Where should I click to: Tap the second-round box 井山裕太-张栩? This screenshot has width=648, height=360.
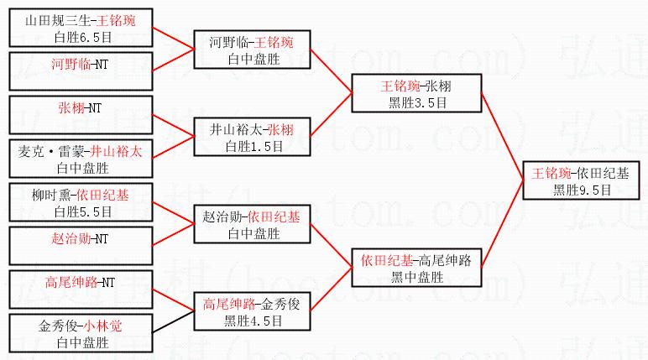click(251, 137)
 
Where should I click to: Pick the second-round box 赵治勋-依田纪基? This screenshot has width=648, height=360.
click(251, 223)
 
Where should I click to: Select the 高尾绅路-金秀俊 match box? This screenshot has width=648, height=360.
click(251, 311)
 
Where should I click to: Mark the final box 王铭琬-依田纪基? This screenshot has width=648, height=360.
click(581, 180)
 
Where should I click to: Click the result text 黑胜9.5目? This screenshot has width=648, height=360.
click(581, 189)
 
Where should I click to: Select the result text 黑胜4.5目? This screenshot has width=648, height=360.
click(251, 320)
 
